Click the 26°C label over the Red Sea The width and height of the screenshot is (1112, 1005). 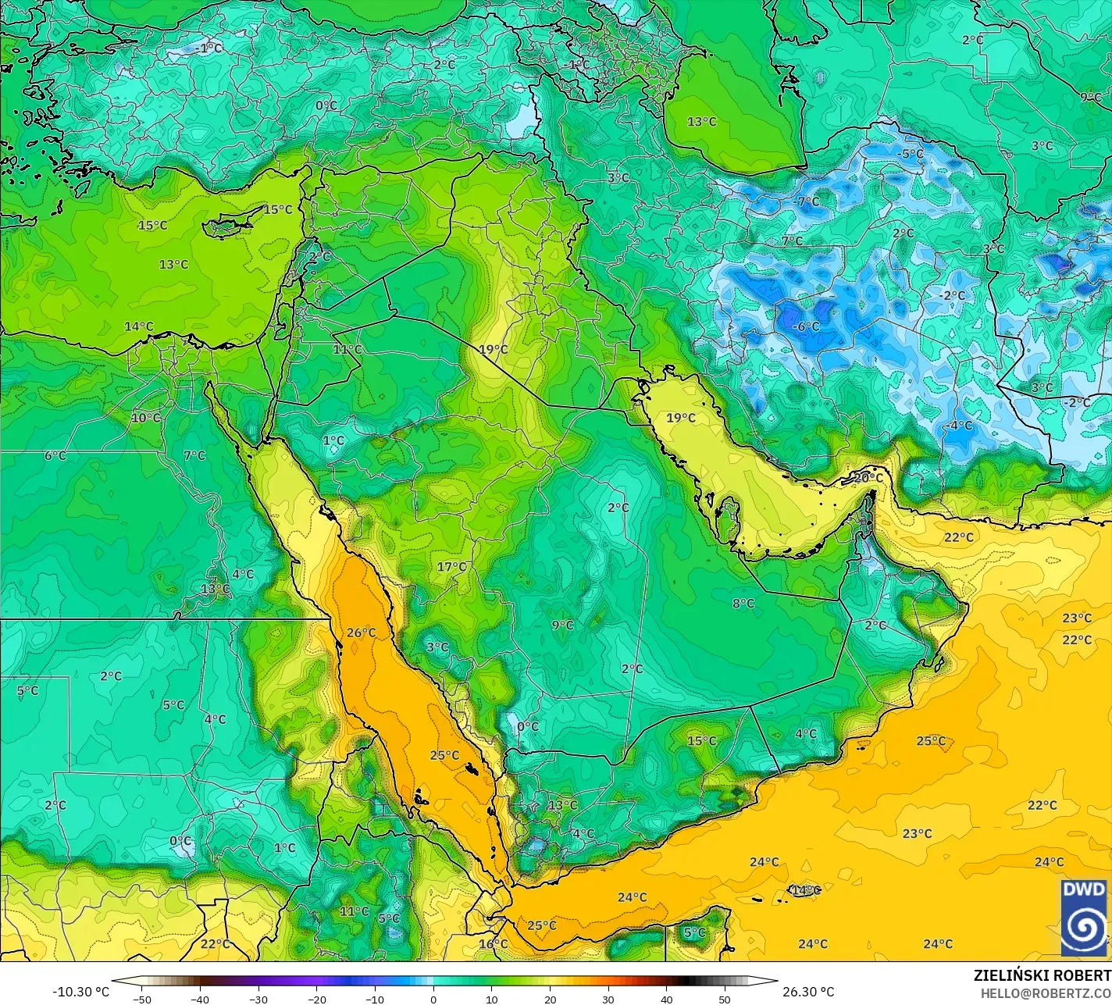point(362,633)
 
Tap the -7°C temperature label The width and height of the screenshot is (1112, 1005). point(807,201)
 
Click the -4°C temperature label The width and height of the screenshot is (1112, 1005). point(961,426)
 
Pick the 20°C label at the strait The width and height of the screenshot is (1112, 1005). point(868,478)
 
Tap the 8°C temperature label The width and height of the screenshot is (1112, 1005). point(743,603)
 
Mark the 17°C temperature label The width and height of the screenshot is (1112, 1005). point(451,567)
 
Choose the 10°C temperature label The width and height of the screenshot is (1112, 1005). point(146,418)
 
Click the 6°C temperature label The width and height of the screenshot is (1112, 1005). point(55,455)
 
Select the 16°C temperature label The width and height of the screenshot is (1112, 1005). point(494,944)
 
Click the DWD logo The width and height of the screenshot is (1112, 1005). point(1084,918)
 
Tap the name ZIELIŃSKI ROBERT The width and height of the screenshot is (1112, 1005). point(1042,976)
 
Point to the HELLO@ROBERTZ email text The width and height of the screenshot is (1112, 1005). point(1046,993)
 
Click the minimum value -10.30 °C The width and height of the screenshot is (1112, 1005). point(80,993)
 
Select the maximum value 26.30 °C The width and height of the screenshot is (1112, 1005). point(810,993)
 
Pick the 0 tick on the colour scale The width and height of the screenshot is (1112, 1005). point(433,1000)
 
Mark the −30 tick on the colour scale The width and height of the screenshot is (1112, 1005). point(258,1000)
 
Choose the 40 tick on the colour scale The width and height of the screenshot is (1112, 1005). point(666,1000)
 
